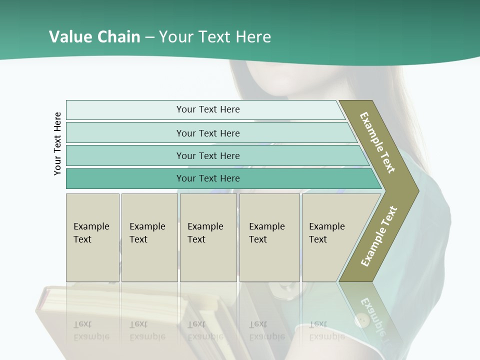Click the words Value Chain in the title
(x=94, y=37)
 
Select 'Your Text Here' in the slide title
(x=215, y=37)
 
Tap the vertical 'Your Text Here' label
(x=57, y=143)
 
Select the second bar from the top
(x=207, y=133)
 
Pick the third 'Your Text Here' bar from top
(x=207, y=155)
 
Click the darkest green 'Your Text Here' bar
(x=207, y=178)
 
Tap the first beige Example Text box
(x=92, y=237)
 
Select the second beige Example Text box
(x=149, y=237)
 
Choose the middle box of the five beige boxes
(x=208, y=237)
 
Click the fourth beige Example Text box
(x=269, y=237)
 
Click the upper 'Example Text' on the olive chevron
(x=377, y=142)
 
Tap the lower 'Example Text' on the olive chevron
(x=378, y=236)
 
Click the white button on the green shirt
(x=361, y=319)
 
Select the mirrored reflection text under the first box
(x=91, y=330)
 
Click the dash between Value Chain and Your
(x=149, y=37)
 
